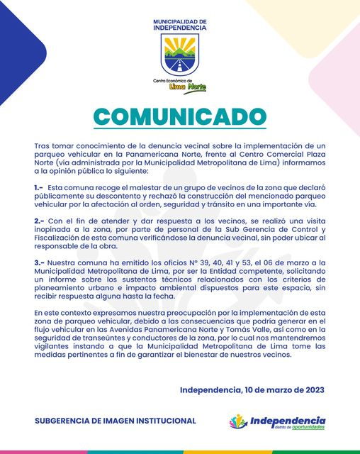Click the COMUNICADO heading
(x=180, y=117)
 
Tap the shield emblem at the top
(x=180, y=56)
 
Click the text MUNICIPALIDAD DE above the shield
(x=180, y=22)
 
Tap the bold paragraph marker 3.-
(x=40, y=262)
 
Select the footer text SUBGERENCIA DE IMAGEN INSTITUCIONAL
(x=116, y=421)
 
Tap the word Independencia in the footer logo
(x=288, y=419)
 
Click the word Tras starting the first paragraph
(x=43, y=145)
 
